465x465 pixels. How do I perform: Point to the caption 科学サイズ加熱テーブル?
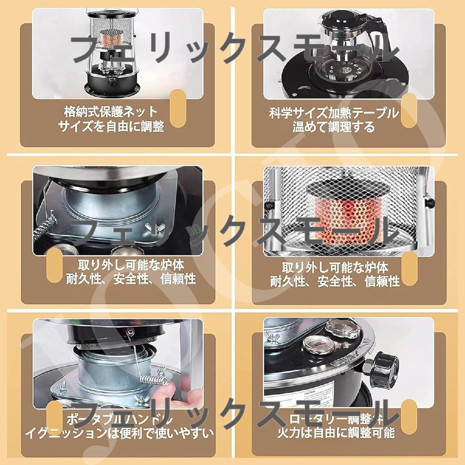click(334, 114)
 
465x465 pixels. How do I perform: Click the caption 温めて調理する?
click(334, 127)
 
